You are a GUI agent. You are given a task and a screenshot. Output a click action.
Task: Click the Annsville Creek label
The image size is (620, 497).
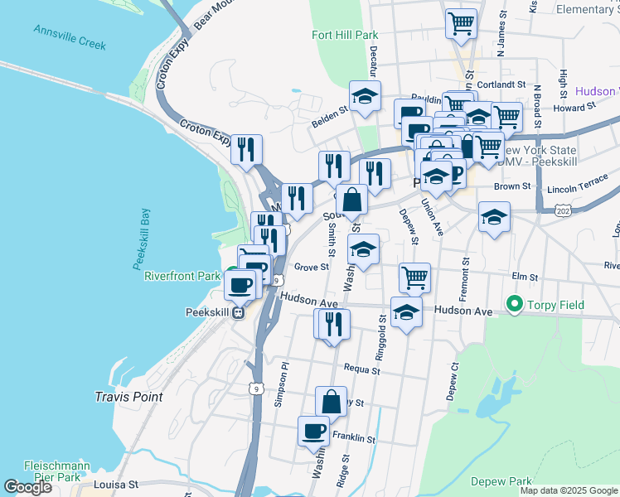70,36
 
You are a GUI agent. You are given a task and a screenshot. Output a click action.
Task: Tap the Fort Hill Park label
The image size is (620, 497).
345,36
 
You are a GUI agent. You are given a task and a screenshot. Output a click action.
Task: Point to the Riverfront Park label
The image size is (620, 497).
182,276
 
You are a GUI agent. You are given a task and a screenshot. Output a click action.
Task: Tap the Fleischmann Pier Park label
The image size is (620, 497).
52,470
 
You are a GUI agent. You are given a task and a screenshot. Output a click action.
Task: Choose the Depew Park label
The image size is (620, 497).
501,481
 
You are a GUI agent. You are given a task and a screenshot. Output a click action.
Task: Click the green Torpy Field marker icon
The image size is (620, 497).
514,306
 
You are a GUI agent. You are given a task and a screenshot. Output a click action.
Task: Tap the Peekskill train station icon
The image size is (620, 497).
238,313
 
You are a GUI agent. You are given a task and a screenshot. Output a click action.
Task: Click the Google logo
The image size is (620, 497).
27,487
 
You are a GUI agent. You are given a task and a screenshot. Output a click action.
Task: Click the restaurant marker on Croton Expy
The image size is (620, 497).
246,150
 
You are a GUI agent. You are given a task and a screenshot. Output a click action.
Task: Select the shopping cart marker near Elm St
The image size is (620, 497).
414,277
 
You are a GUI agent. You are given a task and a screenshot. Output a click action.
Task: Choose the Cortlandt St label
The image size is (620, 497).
502,84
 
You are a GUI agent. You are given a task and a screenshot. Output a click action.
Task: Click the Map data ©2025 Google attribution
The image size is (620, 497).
569,490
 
